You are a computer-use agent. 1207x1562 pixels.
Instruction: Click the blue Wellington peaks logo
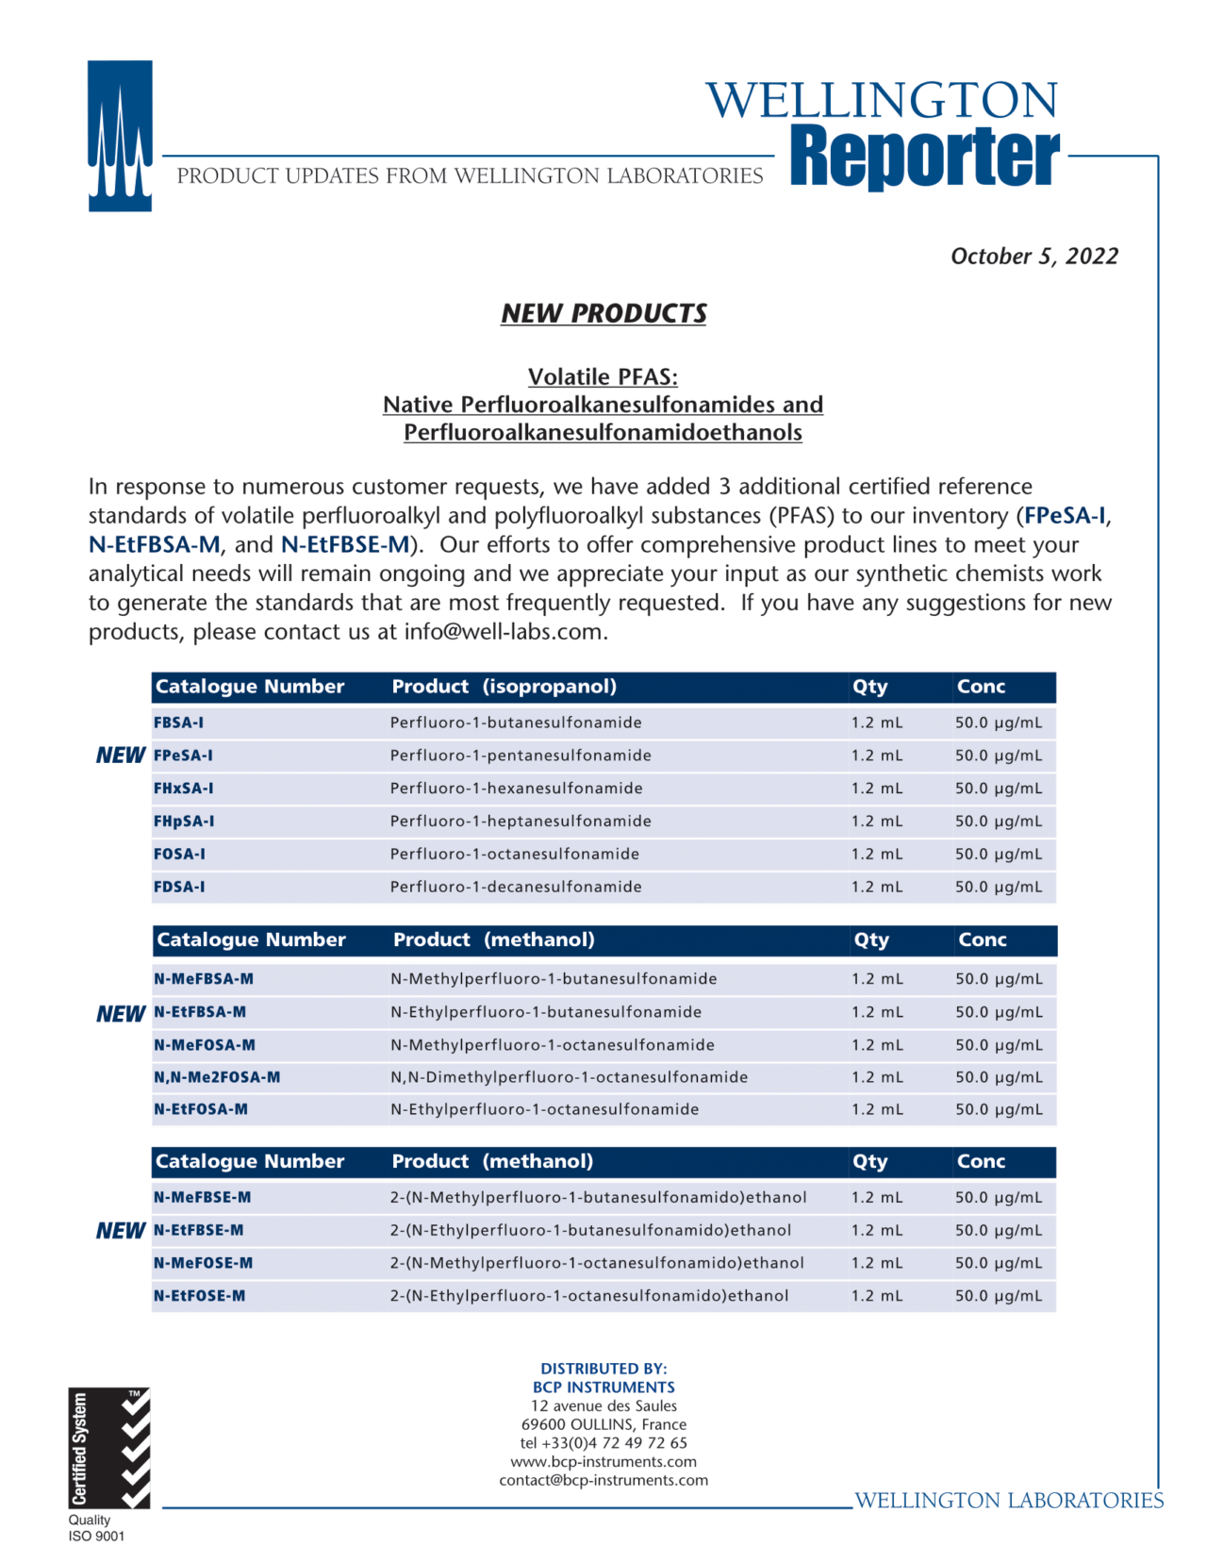[x=120, y=136]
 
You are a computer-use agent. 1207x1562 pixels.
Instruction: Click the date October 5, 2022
[x=1033, y=257]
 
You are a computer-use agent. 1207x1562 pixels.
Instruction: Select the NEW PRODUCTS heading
[x=603, y=313]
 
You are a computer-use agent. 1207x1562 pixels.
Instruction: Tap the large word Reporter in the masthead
[x=924, y=156]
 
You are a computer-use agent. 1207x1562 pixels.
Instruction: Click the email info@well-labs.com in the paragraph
[x=504, y=632]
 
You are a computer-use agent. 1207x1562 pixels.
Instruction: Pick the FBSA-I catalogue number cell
[x=179, y=723]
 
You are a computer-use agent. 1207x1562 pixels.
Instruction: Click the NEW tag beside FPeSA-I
[x=121, y=756]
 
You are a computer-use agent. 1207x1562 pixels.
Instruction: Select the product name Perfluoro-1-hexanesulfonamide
[x=516, y=789]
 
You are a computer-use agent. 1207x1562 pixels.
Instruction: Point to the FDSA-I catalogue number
[x=179, y=887]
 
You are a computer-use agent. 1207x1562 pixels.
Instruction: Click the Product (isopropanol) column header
[x=504, y=687]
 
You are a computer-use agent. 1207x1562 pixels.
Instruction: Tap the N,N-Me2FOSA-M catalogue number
[x=217, y=1077]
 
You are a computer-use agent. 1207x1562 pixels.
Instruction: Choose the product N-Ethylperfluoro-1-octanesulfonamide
[x=544, y=1109]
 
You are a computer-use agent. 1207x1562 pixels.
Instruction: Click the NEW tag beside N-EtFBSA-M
[x=121, y=1014]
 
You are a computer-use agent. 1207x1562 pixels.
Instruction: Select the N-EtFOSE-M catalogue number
[x=199, y=1296]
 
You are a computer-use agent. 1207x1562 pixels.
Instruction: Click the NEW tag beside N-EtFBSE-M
[x=121, y=1231]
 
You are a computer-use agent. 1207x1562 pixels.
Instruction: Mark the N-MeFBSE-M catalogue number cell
[x=202, y=1197]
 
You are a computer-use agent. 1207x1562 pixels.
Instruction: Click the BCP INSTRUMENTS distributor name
[x=603, y=1388]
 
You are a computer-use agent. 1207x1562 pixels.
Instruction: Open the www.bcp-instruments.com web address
[x=603, y=1462]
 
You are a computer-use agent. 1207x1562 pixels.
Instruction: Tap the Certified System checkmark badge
[x=108, y=1448]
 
